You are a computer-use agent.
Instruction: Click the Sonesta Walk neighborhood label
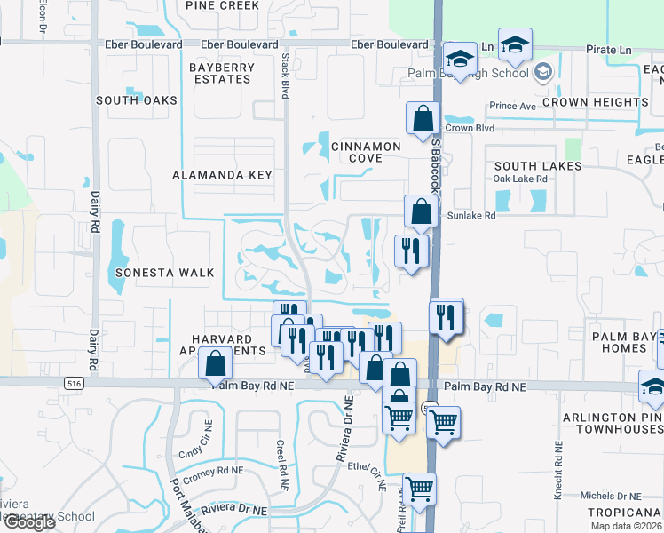tap(164, 273)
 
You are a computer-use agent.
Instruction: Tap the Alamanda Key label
tap(223, 175)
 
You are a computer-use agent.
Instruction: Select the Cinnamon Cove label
tap(366, 152)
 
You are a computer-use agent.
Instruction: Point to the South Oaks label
tap(137, 100)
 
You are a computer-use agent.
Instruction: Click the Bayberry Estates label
tap(222, 73)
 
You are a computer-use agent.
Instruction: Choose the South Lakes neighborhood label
tap(538, 166)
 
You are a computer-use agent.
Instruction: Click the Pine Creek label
tap(223, 5)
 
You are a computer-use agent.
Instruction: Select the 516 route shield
tap(72, 382)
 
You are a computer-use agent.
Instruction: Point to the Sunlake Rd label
tap(471, 215)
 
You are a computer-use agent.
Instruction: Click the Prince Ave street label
tap(512, 107)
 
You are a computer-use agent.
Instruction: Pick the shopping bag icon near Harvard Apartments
tap(215, 363)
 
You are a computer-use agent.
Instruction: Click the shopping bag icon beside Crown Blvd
tap(423, 118)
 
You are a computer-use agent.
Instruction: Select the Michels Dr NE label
tap(611, 496)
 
